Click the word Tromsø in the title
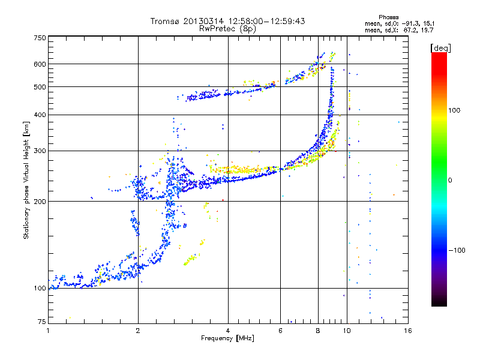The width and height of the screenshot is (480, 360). [x=166, y=21]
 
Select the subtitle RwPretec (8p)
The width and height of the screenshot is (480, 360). [x=227, y=29]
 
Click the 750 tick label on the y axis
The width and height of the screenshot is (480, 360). [x=40, y=38]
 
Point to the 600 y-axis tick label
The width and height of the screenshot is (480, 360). [x=40, y=64]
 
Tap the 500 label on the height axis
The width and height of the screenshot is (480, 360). [x=40, y=87]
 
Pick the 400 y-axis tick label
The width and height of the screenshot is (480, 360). [x=40, y=115]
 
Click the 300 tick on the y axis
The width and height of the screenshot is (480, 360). [x=40, y=151]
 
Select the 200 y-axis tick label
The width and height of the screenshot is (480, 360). [x=40, y=202]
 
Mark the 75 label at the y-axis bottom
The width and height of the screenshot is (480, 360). [x=42, y=322]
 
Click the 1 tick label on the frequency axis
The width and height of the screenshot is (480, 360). [x=48, y=331]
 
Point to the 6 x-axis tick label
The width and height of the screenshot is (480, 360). [x=280, y=331]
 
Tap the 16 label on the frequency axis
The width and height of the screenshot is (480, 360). [x=408, y=331]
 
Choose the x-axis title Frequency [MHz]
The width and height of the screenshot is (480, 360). [x=227, y=338]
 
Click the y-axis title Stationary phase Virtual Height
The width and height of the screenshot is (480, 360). [x=26, y=180]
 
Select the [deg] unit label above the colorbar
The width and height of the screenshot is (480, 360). [x=440, y=48]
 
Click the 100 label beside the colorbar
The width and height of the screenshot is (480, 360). [x=454, y=110]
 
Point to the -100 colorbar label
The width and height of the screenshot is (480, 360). [x=457, y=250]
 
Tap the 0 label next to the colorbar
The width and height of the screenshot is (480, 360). [x=450, y=181]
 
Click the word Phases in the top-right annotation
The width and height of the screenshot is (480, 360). [x=388, y=17]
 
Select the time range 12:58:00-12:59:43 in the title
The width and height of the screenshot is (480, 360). [x=266, y=21]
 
